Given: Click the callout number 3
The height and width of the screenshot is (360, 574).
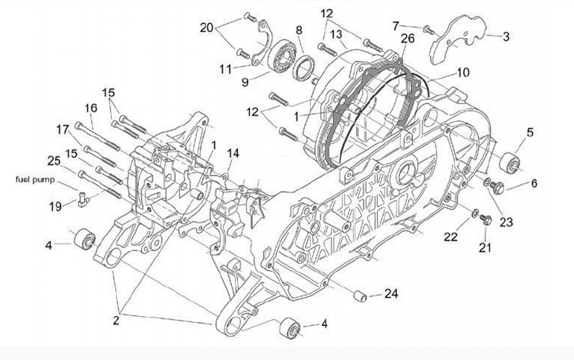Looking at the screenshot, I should coord(506,36).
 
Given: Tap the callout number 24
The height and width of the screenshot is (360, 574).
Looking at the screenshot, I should coord(391,294).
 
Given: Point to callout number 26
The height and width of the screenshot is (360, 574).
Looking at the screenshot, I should coord(407,39).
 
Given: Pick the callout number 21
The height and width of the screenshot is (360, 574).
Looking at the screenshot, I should coord(486,248).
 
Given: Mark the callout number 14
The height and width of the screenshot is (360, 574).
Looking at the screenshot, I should coord(233,153).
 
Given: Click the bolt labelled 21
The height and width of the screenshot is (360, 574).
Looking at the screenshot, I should coord(487,219).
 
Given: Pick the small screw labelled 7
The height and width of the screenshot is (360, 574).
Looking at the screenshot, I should coord(428,29).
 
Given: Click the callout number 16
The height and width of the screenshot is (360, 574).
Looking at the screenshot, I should coord(91,109).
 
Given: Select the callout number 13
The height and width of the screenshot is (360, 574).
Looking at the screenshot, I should coord(336,34).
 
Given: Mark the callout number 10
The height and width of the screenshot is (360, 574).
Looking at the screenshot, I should coord(463,73).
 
